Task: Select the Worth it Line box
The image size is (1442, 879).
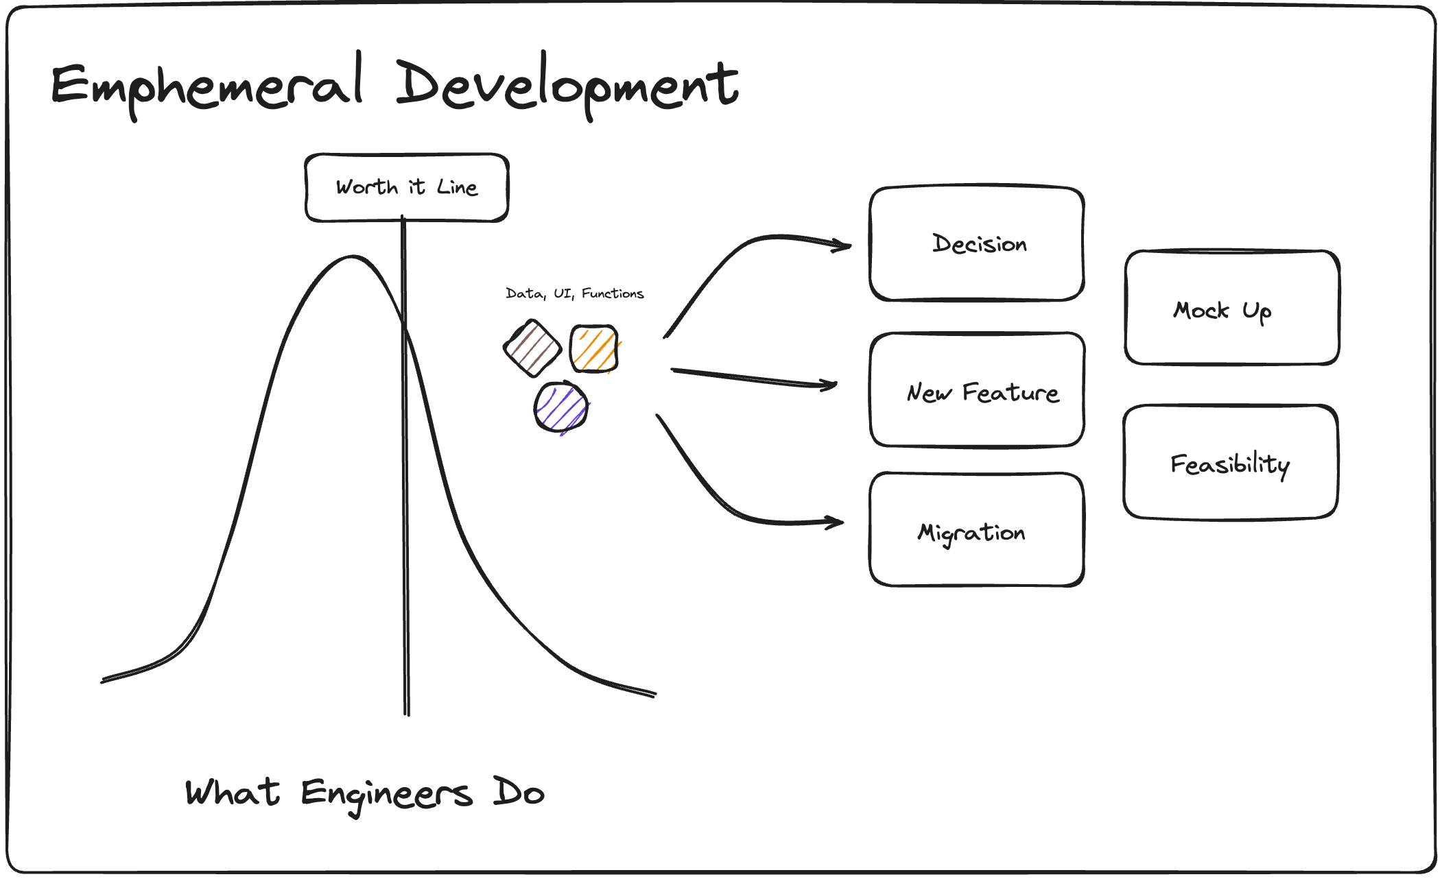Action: (x=406, y=187)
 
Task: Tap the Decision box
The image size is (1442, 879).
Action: (x=976, y=243)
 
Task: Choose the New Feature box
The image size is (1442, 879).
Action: (x=976, y=390)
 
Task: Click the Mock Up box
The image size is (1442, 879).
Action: (x=1231, y=308)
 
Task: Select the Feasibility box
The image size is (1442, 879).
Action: (x=1230, y=463)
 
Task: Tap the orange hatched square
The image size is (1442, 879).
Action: (x=594, y=349)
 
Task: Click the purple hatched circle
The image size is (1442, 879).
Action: (x=561, y=407)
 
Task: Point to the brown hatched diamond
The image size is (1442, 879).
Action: (x=532, y=348)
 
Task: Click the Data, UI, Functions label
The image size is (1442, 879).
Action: (x=574, y=293)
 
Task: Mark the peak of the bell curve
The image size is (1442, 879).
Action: (x=352, y=257)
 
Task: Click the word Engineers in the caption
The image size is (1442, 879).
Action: (x=386, y=794)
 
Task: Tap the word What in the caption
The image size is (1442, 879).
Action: (x=232, y=793)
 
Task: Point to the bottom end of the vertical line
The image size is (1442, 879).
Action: (x=407, y=713)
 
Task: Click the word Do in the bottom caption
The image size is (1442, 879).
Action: (x=518, y=793)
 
